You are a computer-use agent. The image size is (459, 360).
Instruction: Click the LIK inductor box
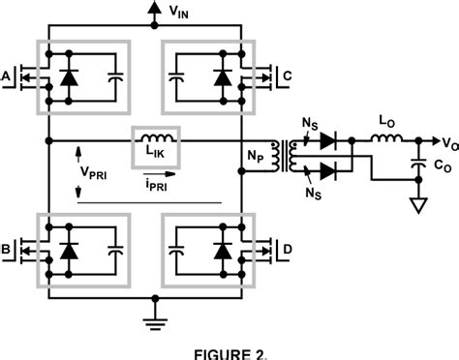coord(156,148)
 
